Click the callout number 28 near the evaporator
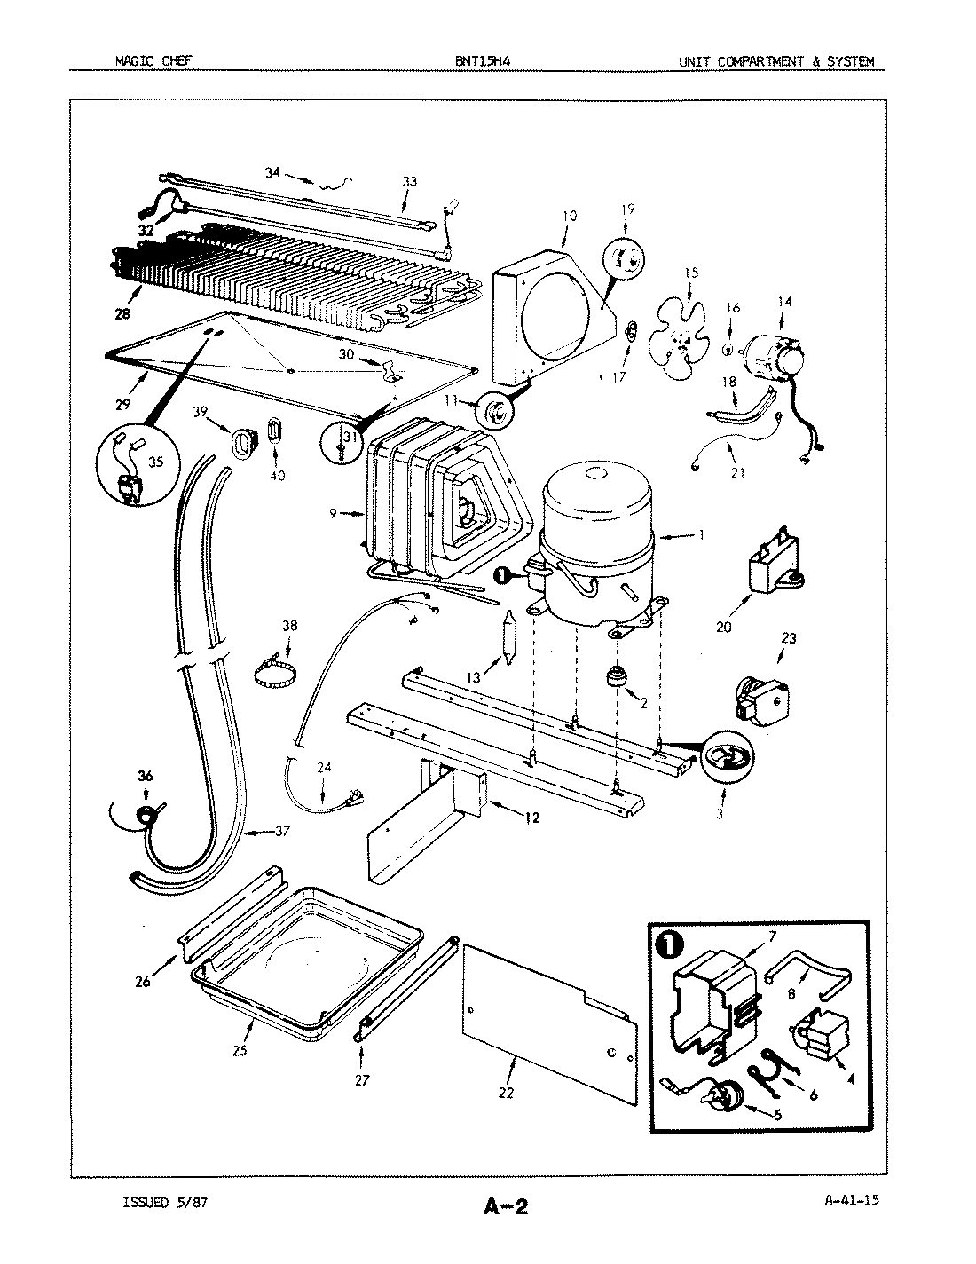tap(122, 314)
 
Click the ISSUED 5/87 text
tap(167, 1202)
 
